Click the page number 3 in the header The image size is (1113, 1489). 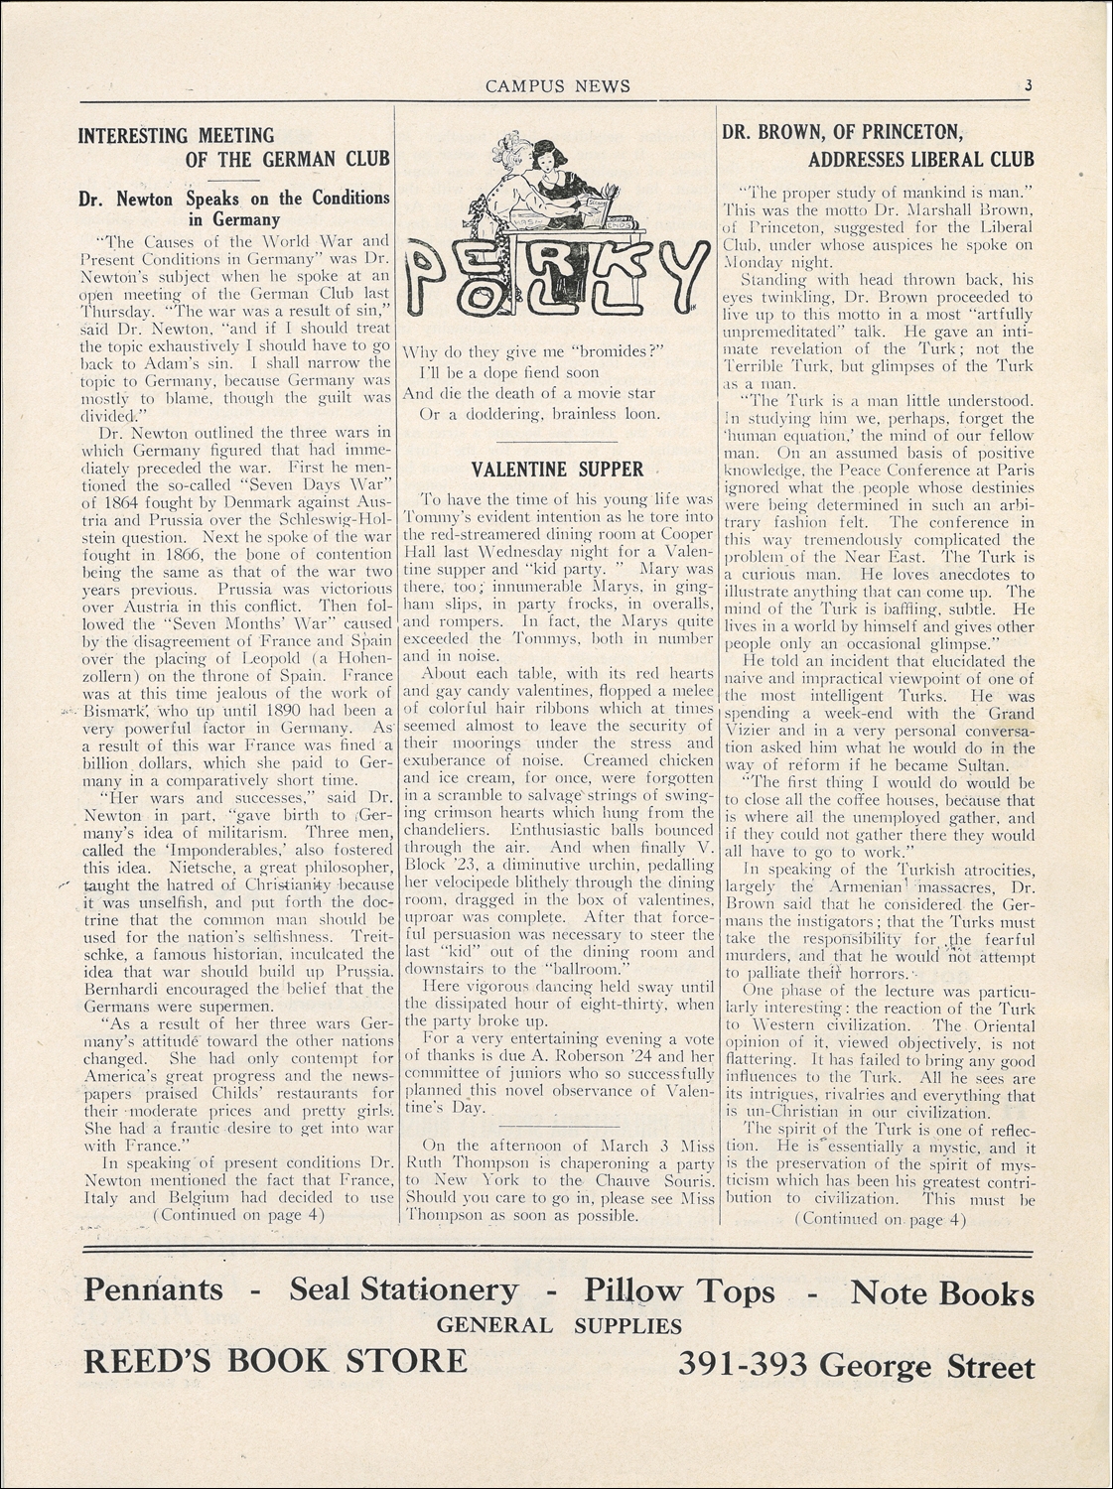pos(1031,85)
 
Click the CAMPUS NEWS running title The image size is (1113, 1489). pos(557,86)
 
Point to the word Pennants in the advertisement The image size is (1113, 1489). pos(153,1290)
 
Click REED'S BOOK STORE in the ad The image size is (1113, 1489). pos(275,1360)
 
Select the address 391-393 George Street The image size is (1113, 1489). pos(856,1367)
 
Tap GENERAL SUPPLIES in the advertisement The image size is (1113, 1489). pos(559,1325)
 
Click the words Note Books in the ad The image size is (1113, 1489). pos(941,1292)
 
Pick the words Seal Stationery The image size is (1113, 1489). pos(403,1290)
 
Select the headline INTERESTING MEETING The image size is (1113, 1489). pos(176,135)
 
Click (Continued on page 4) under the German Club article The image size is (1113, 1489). pos(238,1213)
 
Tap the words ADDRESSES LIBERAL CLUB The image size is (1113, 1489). pos(920,159)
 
